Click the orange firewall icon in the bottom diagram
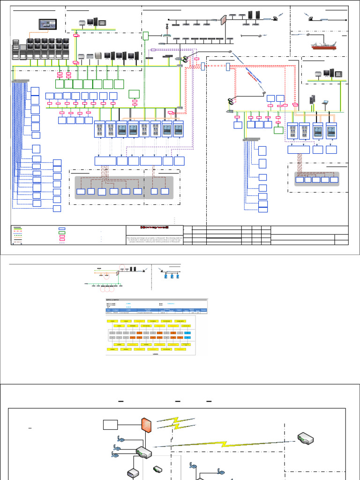tap(145, 426)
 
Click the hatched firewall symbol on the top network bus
tap(223, 20)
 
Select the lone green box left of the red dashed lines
tap(134, 93)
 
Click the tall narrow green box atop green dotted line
tap(146, 36)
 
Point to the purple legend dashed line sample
tap(61, 243)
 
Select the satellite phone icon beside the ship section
tap(310, 19)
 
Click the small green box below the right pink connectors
tap(278, 130)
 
